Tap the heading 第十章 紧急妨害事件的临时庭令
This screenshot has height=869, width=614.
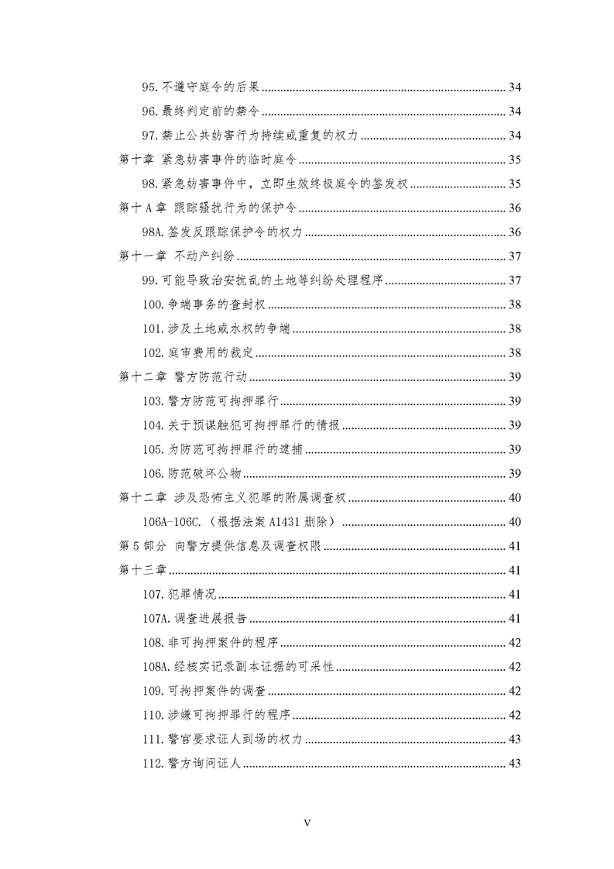point(209,160)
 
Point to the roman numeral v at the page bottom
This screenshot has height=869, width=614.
point(307,823)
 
